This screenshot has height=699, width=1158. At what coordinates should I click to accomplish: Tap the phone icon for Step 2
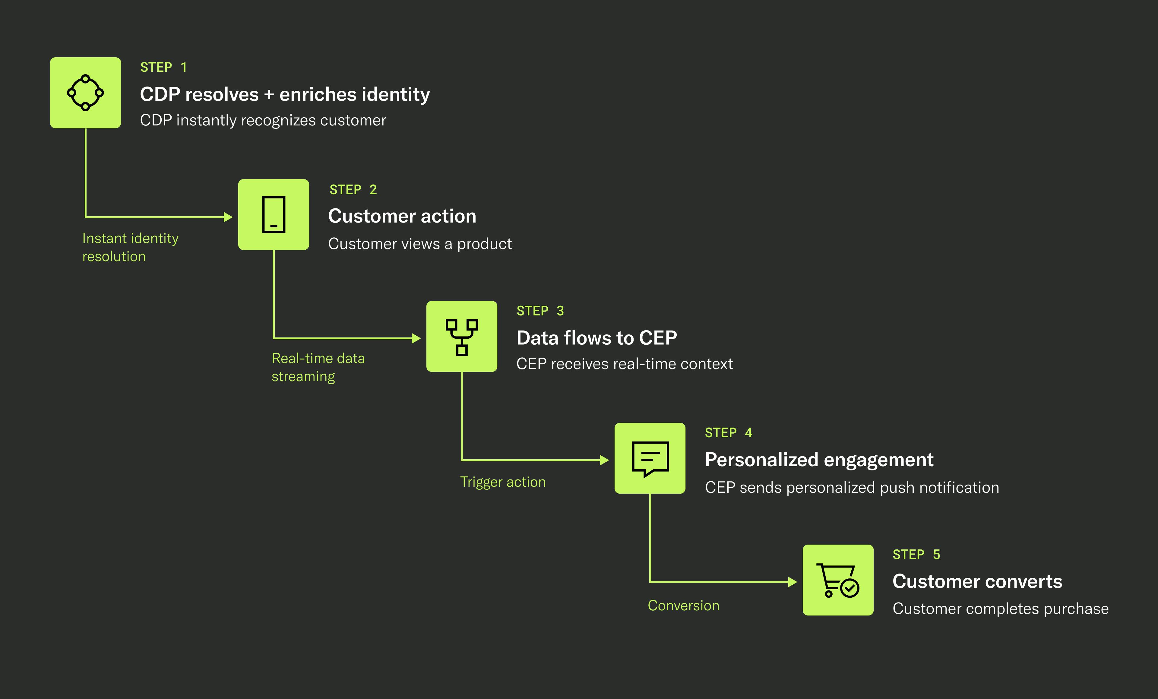pyautogui.click(x=274, y=214)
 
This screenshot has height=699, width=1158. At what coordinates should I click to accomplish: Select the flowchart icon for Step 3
pyautogui.click(x=461, y=337)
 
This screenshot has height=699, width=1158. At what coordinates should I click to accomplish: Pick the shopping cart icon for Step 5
pyautogui.click(x=838, y=580)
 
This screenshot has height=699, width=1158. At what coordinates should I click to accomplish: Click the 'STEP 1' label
pyautogui.click(x=163, y=68)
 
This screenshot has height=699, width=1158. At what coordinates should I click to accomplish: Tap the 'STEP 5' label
pyautogui.click(x=916, y=555)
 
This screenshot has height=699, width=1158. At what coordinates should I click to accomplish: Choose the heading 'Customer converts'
pyautogui.click(x=977, y=581)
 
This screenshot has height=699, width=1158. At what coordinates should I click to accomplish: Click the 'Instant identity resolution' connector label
pyautogui.click(x=130, y=247)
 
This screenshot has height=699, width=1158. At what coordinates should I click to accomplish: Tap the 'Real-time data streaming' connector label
pyautogui.click(x=318, y=367)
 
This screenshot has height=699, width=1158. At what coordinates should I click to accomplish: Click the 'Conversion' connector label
pyautogui.click(x=683, y=606)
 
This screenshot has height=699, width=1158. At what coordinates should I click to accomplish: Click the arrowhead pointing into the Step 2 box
pyautogui.click(x=228, y=217)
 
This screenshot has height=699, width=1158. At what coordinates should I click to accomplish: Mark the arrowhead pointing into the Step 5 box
pyautogui.click(x=793, y=582)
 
